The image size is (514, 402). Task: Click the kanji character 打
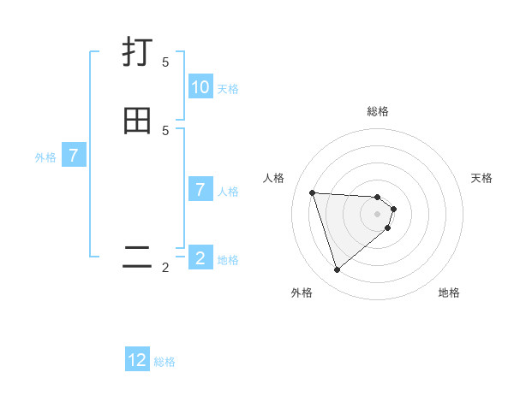tap(138, 52)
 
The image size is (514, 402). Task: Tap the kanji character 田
tap(138, 121)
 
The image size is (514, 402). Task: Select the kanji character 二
tap(137, 257)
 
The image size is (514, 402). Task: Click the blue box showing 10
tap(200, 86)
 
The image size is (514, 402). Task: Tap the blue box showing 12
tap(137, 360)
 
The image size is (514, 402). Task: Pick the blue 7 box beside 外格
tap(74, 156)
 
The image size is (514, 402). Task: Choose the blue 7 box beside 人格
tap(200, 189)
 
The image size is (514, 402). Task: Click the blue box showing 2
tap(200, 257)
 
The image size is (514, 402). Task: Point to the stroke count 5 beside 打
tap(165, 62)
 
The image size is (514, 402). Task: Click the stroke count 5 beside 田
tap(165, 131)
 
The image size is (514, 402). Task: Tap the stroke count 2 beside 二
tap(165, 268)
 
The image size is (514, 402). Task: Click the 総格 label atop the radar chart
tap(378, 111)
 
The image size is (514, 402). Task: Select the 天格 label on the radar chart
tap(481, 178)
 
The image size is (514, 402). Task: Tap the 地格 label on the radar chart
tap(449, 293)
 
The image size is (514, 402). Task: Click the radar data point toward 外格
tap(337, 270)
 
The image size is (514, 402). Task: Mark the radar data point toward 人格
tap(312, 192)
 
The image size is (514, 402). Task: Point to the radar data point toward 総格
tap(378, 197)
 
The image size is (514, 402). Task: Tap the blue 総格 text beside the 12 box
tap(164, 362)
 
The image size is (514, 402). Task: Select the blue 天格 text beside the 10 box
tap(228, 88)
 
